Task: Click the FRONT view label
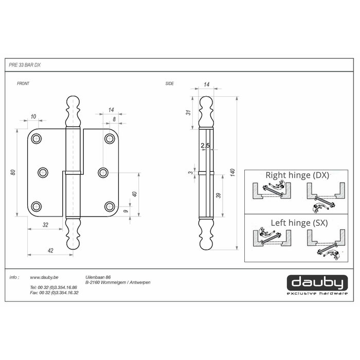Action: tap(24, 83)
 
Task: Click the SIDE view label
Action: tap(170, 83)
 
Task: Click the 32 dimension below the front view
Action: tap(45, 225)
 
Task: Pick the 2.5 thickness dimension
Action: tap(205, 146)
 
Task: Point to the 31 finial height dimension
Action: tap(188, 113)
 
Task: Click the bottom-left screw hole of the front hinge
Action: tap(36, 206)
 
